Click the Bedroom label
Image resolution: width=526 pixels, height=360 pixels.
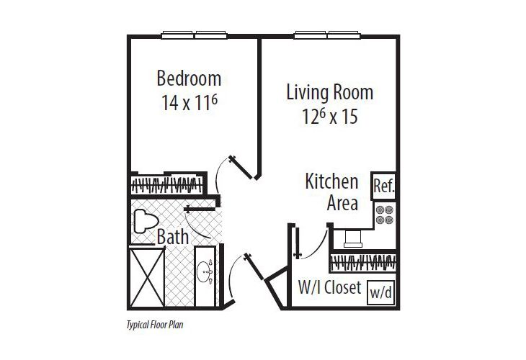(189, 77)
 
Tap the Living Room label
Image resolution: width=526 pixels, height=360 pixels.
(329, 92)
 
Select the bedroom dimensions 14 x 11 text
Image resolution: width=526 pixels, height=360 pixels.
(189, 102)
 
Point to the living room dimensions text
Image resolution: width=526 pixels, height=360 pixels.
(330, 117)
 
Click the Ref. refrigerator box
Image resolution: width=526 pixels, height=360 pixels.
(383, 186)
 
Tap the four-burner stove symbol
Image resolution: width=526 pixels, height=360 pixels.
(384, 215)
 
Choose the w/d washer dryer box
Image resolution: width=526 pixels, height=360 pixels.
(382, 292)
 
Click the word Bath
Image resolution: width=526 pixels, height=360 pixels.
(173, 236)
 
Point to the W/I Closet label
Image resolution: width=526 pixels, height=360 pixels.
(329, 289)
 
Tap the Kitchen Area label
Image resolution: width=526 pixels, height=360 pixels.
(332, 192)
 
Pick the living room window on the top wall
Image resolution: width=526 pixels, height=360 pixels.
(327, 34)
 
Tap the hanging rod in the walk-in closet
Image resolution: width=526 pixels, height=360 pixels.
(363, 261)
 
